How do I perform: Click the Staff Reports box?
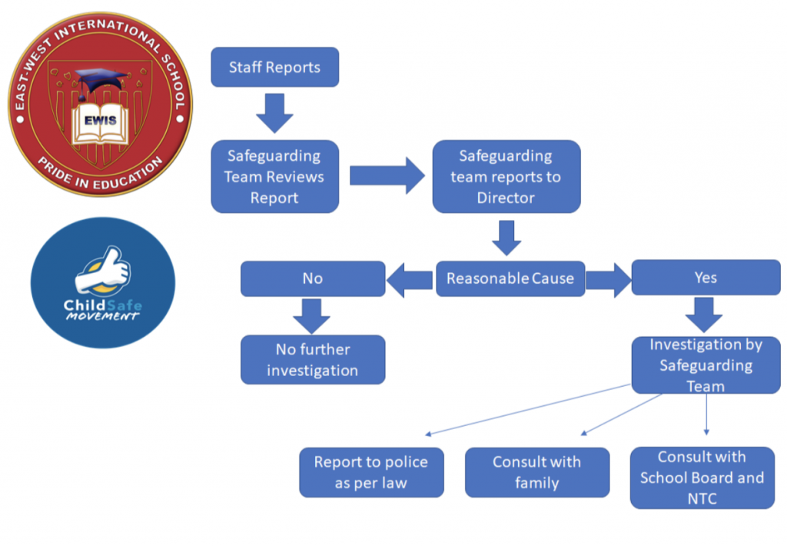pyautogui.click(x=274, y=68)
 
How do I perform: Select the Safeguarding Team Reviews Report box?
pyautogui.click(x=274, y=176)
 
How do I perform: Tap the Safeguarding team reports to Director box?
pyautogui.click(x=506, y=176)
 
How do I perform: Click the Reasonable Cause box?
pyautogui.click(x=510, y=278)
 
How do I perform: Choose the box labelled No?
pyautogui.click(x=312, y=278)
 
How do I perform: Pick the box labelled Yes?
pyautogui.click(x=705, y=278)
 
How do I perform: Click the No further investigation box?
pyautogui.click(x=312, y=359)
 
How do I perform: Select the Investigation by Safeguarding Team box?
pyautogui.click(x=705, y=365)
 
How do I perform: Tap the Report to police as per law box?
pyautogui.click(x=370, y=472)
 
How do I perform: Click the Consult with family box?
pyautogui.click(x=536, y=472)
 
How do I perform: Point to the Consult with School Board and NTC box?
pyautogui.click(x=702, y=477)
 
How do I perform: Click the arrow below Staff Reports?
pyautogui.click(x=274, y=112)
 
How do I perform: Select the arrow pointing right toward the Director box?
pyautogui.click(x=386, y=176)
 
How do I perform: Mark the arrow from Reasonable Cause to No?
pyautogui.click(x=410, y=278)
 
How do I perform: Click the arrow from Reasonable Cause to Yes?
pyautogui.click(x=607, y=278)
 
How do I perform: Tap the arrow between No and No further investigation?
pyautogui.click(x=311, y=315)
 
